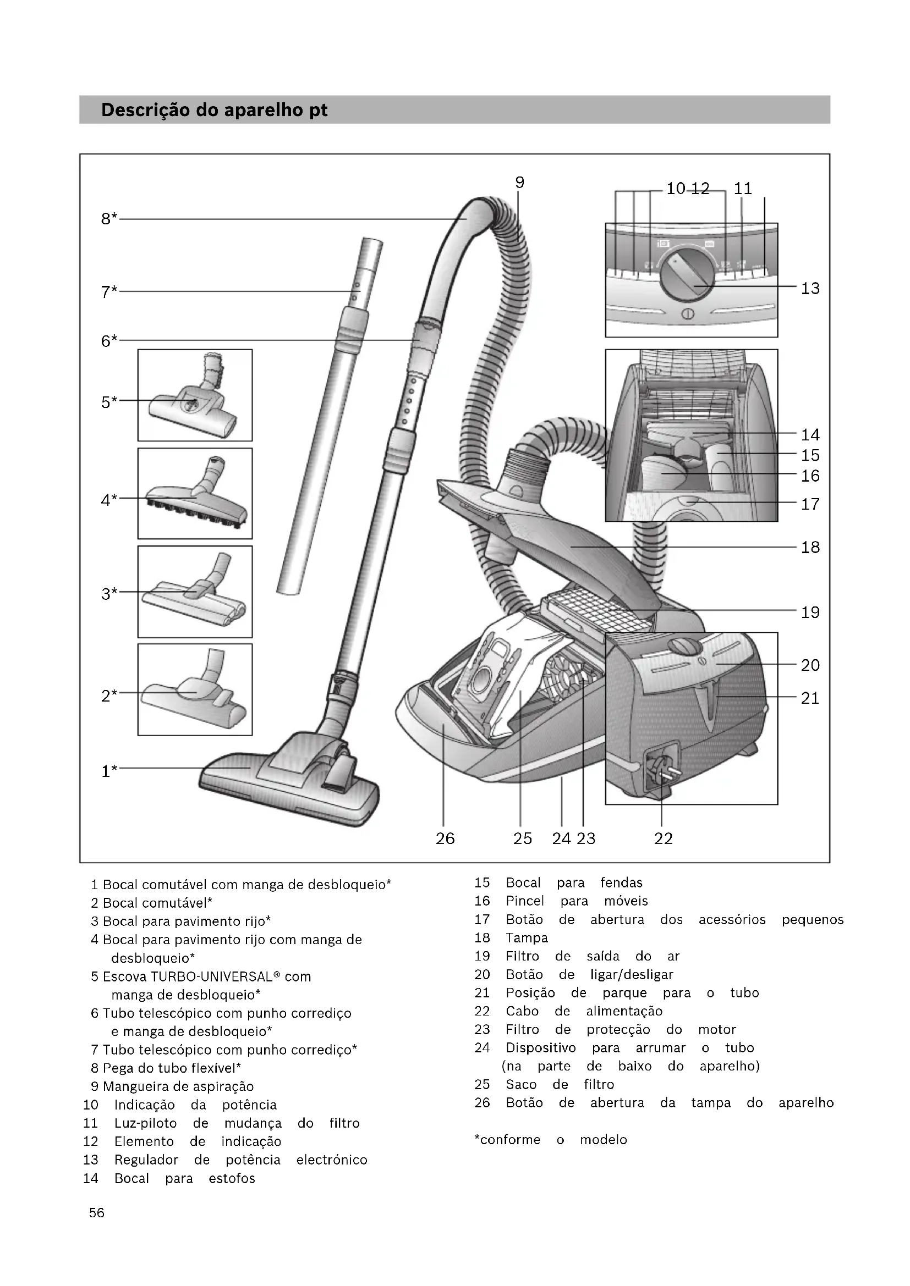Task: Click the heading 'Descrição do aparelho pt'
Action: click(214, 110)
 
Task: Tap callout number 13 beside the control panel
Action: click(810, 289)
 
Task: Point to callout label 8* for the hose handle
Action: click(109, 219)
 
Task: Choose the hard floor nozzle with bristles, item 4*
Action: click(196, 499)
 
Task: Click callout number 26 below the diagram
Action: click(445, 838)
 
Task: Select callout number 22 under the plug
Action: click(663, 838)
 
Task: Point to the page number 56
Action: click(96, 1213)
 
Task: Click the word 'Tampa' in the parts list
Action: click(527, 938)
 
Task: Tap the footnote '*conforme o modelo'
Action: click(550, 1140)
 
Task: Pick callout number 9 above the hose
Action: click(519, 183)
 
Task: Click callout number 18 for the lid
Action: click(810, 547)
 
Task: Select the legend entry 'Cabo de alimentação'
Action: click(583, 1011)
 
